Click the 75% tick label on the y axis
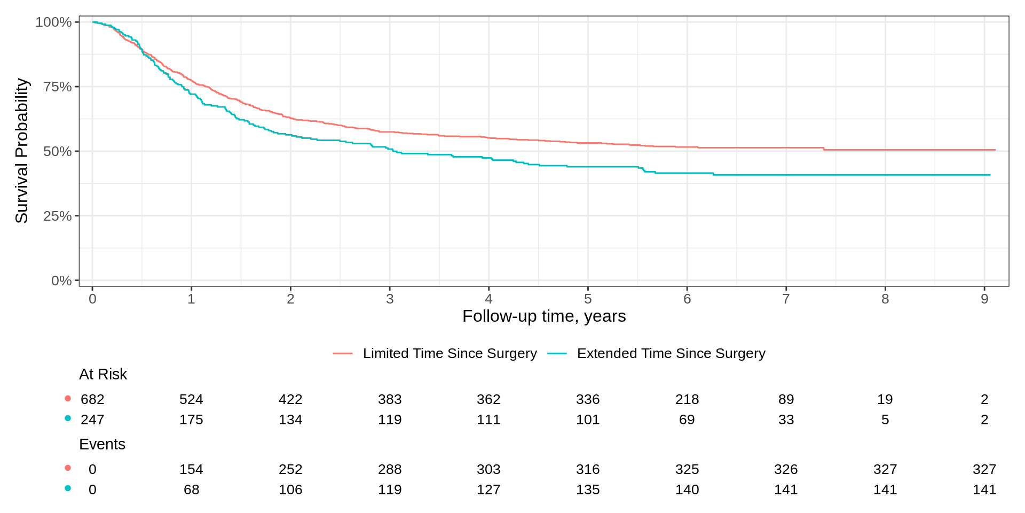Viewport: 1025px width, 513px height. point(57,87)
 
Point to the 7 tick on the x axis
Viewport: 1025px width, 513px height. point(786,299)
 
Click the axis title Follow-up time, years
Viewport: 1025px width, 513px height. point(543,316)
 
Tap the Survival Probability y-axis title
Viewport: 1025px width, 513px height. point(21,151)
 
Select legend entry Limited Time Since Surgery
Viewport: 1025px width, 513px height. point(450,353)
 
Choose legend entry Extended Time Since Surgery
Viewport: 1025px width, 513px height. point(671,353)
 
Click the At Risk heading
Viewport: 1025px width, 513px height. point(103,374)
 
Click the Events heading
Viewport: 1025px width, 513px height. point(102,444)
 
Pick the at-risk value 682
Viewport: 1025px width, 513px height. point(92,399)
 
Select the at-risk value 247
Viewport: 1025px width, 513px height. point(92,419)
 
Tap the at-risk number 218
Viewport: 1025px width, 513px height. point(687,399)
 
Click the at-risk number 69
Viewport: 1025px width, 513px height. point(687,419)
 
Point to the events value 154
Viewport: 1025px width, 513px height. point(191,469)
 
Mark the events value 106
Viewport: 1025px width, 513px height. point(290,489)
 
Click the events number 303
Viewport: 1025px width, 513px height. point(488,469)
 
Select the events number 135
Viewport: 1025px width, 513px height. point(588,489)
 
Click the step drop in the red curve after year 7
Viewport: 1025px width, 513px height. point(824,149)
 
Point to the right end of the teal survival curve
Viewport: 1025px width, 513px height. point(990,175)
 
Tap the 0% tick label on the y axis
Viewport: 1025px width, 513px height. point(61,281)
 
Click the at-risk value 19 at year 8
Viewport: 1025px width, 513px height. point(885,399)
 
